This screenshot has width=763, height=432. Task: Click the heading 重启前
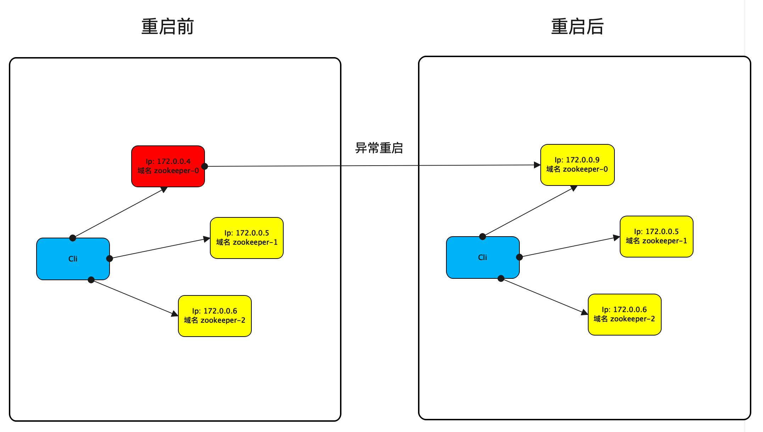167,27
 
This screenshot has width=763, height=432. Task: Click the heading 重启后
577,27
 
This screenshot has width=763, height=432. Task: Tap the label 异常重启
379,148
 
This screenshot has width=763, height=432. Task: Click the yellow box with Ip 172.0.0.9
577,165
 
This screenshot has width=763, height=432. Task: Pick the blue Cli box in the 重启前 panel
73,259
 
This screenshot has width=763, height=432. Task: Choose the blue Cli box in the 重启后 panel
483,257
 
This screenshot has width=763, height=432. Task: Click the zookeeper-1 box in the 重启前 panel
247,238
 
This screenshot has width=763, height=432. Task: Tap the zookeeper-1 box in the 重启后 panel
656,236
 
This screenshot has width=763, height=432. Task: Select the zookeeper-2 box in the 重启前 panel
215,316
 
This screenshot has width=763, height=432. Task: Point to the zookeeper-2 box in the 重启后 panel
624,314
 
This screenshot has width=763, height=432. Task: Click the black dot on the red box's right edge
205,166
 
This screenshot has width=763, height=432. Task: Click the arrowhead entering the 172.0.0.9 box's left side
537,165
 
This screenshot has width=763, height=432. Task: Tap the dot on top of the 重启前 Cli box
73,238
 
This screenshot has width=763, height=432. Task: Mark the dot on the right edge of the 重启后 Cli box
519,257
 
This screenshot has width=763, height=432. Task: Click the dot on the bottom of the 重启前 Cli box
91,280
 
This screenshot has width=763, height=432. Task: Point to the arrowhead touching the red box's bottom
164,189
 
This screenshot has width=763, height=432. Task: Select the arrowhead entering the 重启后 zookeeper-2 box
584,312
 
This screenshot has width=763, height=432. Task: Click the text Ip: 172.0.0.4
168,161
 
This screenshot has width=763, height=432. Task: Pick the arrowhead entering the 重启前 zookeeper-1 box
207,239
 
